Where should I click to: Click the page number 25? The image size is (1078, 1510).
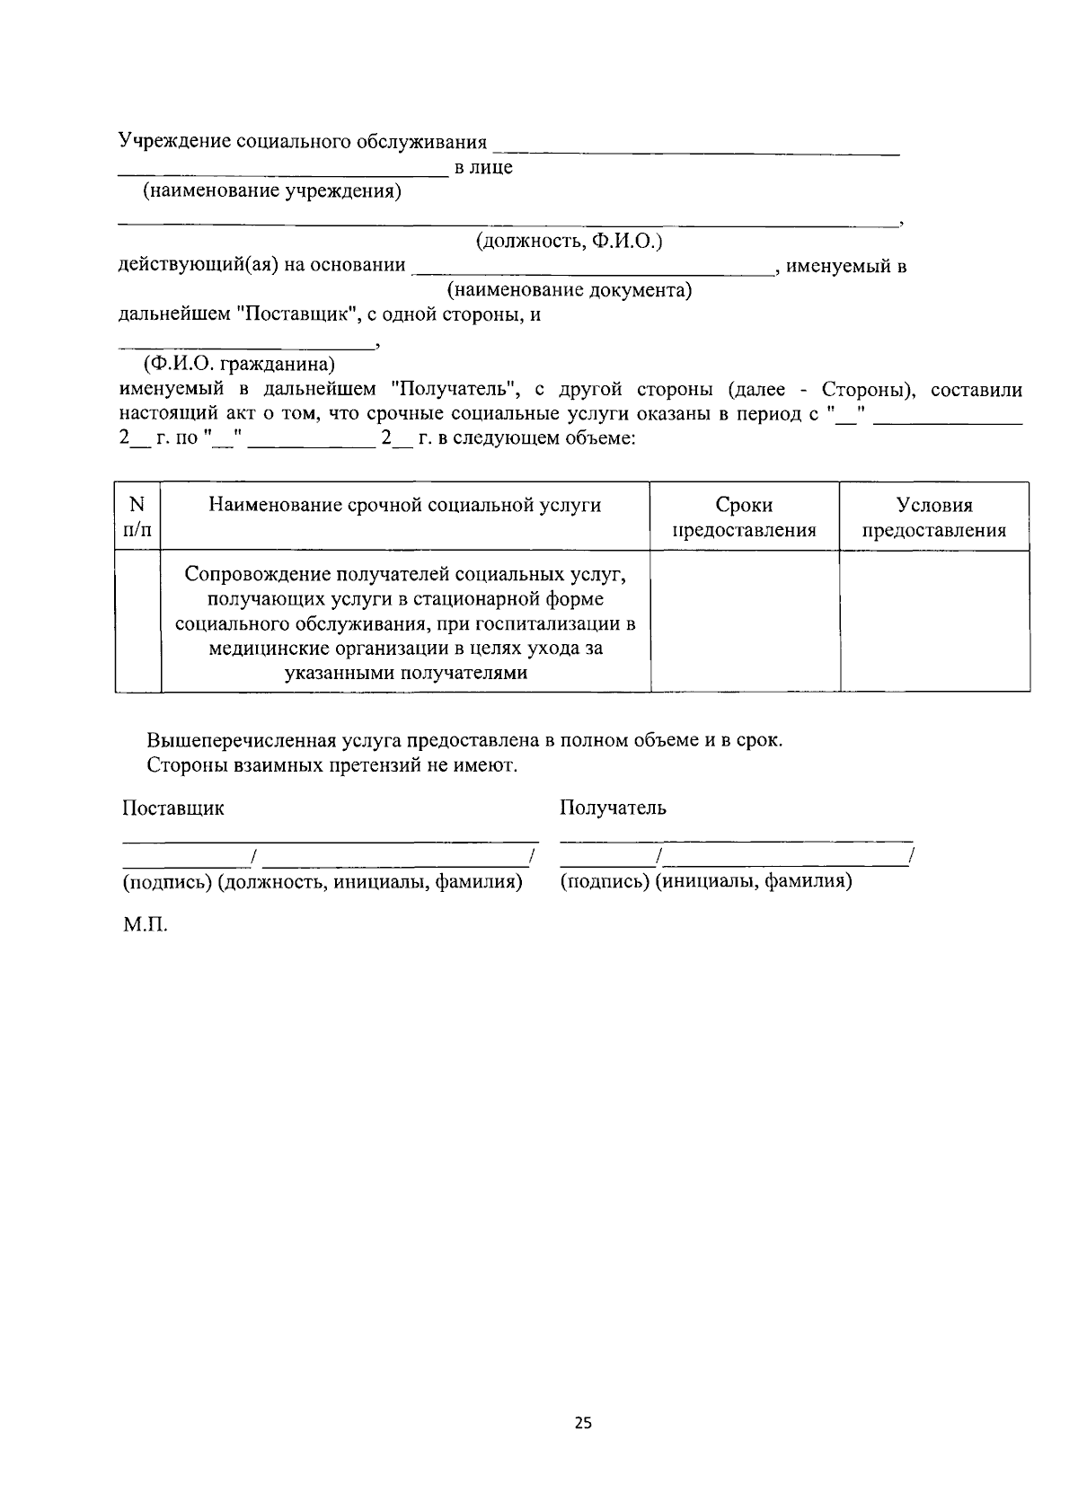pyautogui.click(x=583, y=1423)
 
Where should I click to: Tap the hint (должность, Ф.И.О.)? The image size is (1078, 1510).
pyautogui.click(x=569, y=242)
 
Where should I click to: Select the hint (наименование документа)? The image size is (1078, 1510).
pyautogui.click(x=570, y=291)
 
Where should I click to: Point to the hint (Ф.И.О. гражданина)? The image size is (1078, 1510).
pyautogui.click(x=238, y=365)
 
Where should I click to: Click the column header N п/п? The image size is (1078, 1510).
pyautogui.click(x=137, y=517)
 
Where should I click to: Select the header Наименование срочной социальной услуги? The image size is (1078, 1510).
pyautogui.click(x=405, y=505)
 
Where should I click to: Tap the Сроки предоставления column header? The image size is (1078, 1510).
pyautogui.click(x=744, y=517)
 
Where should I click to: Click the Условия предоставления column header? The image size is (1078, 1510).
pyautogui.click(x=934, y=517)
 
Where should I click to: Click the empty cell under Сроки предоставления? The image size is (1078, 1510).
pyautogui.click(x=744, y=621)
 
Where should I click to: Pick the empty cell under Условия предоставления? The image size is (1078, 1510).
pyautogui.click(x=934, y=621)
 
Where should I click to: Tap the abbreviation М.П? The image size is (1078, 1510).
pyautogui.click(x=145, y=925)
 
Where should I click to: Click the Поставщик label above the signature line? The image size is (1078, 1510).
pyautogui.click(x=173, y=808)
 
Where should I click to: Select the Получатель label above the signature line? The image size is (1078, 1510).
pyautogui.click(x=613, y=808)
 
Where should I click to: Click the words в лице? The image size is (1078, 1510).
pyautogui.click(x=484, y=168)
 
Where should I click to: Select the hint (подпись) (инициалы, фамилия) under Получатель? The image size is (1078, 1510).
pyautogui.click(x=706, y=881)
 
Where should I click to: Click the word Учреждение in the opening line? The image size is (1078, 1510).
pyautogui.click(x=173, y=142)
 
